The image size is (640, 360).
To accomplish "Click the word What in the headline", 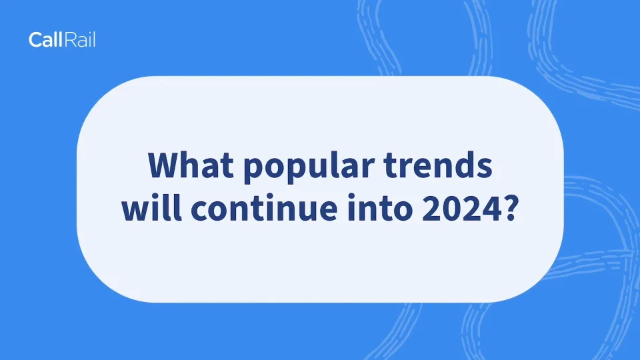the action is point(191,165).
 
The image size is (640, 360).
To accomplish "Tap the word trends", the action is point(438,165).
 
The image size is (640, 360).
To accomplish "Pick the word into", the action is point(380,207).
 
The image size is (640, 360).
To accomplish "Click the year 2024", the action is point(462,208).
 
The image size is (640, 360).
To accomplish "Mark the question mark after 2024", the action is point(512,208).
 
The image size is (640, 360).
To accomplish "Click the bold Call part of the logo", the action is point(46,39).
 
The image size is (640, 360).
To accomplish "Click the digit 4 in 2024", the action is point(493,208).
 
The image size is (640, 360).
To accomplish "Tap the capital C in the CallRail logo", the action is point(35,40).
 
